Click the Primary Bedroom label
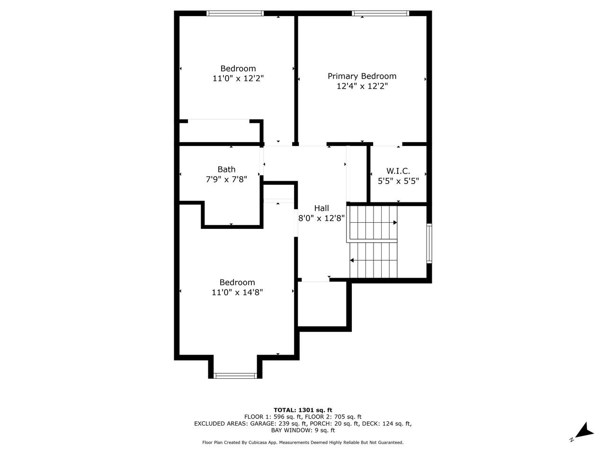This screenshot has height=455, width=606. pos(362,76)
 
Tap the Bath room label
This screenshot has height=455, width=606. pos(226,169)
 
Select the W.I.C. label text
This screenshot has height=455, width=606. pos(398,171)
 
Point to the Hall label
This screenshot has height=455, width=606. pos(321,208)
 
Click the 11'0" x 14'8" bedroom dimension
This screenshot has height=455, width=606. pos(237,292)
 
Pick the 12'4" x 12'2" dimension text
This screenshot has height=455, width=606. pos(362,86)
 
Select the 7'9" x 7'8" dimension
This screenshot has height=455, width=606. pos(226,180)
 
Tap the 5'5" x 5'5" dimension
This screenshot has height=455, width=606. pos(398,181)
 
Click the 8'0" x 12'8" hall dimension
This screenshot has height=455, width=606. pos(321,218)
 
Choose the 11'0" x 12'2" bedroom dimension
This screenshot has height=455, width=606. pos(238,79)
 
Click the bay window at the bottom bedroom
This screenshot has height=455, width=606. pos(235,376)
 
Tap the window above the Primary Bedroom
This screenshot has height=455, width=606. pos(381,13)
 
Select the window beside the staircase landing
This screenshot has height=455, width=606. pos(429,244)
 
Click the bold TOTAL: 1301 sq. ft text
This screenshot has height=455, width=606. pos(303,410)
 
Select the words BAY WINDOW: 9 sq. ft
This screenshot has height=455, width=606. pos(303,430)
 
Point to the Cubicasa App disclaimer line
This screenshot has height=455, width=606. pos(303,442)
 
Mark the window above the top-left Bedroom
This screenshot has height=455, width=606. pos(235,13)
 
